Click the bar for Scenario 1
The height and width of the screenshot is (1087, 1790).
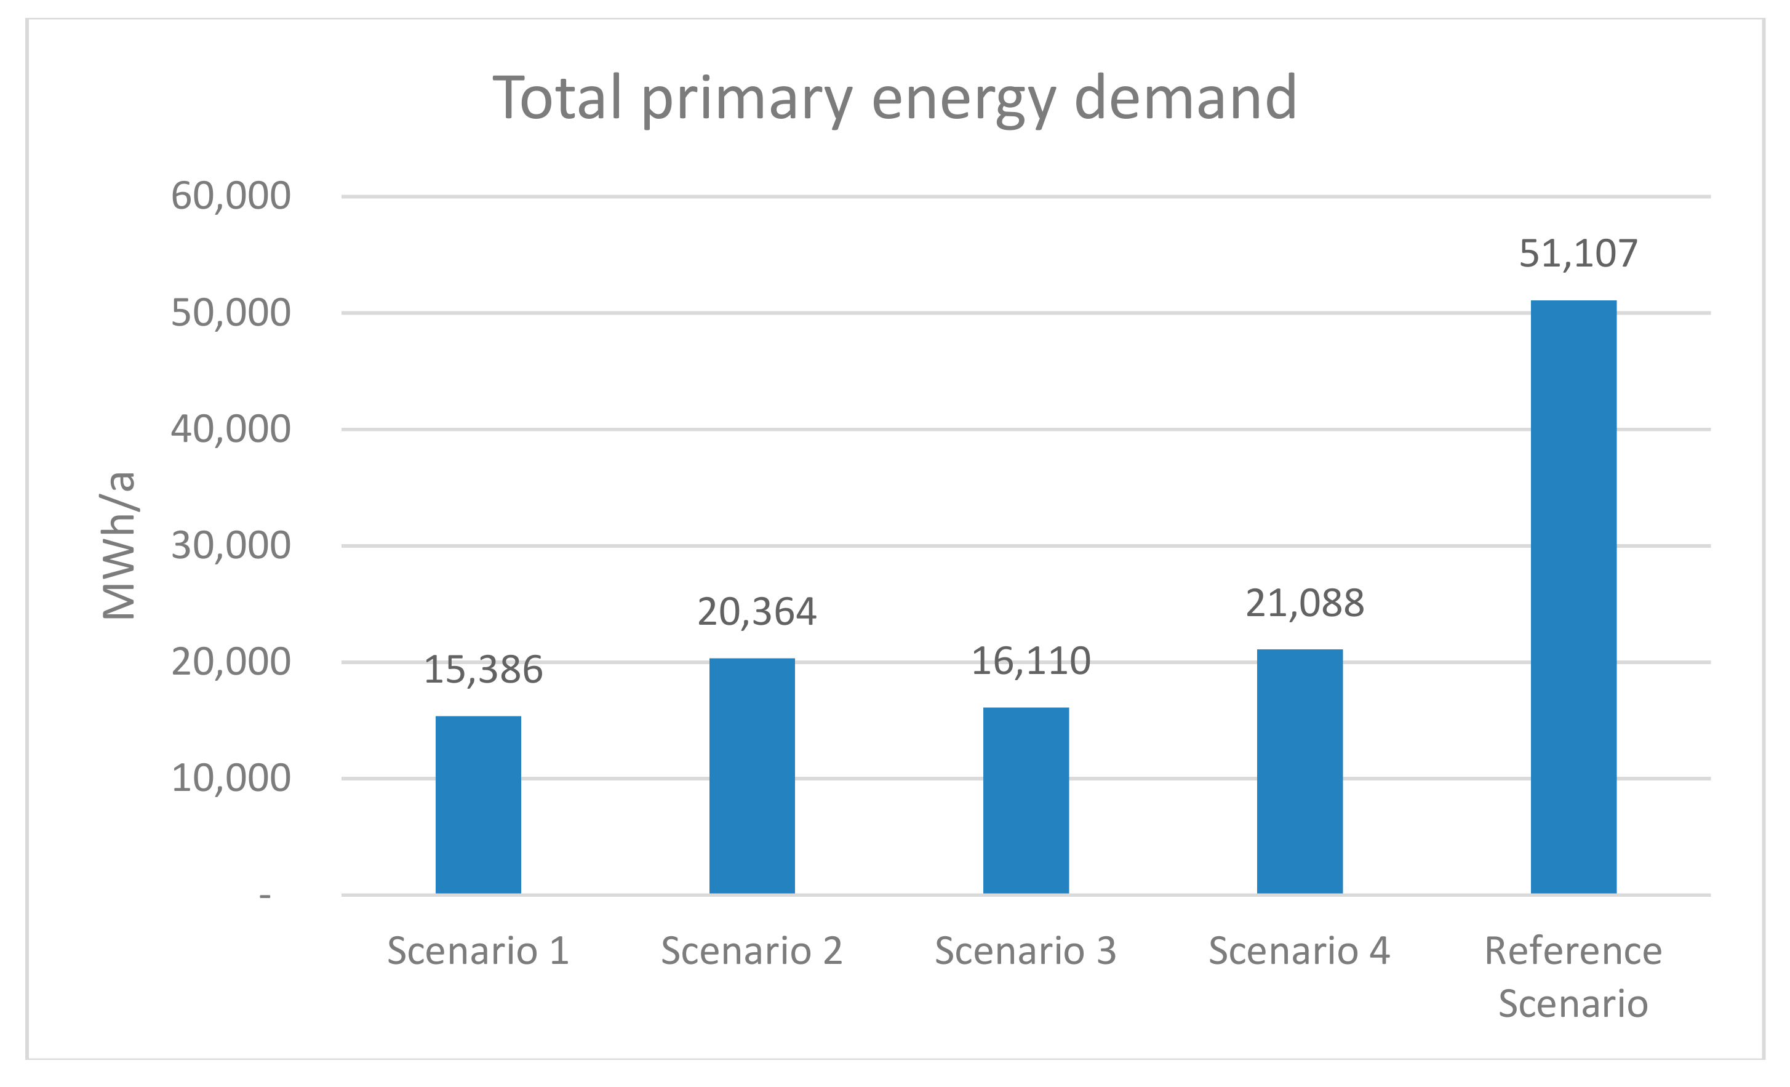(478, 804)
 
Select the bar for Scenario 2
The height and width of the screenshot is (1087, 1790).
(752, 776)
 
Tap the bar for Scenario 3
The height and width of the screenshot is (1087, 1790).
(1026, 800)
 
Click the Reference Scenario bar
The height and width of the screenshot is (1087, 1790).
(1573, 596)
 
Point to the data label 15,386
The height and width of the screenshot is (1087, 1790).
(483, 669)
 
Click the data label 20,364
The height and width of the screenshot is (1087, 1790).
(757, 611)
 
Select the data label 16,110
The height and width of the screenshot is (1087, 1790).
(1031, 661)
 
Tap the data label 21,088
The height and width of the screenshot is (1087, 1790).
(1305, 603)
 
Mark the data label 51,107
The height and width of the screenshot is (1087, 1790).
(1578, 254)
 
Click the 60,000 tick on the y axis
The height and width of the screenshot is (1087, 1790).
(231, 196)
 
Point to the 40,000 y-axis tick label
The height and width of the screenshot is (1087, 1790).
(231, 430)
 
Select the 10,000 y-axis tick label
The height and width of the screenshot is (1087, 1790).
(231, 778)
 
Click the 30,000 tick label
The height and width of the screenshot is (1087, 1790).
(231, 546)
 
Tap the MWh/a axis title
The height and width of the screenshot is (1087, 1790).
(118, 546)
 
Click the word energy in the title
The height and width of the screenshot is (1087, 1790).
(963, 98)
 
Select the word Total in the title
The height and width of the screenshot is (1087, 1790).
(558, 98)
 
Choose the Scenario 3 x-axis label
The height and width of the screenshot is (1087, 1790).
(1025, 951)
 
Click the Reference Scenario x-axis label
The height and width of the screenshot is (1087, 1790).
(1573, 977)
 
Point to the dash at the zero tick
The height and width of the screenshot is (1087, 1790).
(265, 897)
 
